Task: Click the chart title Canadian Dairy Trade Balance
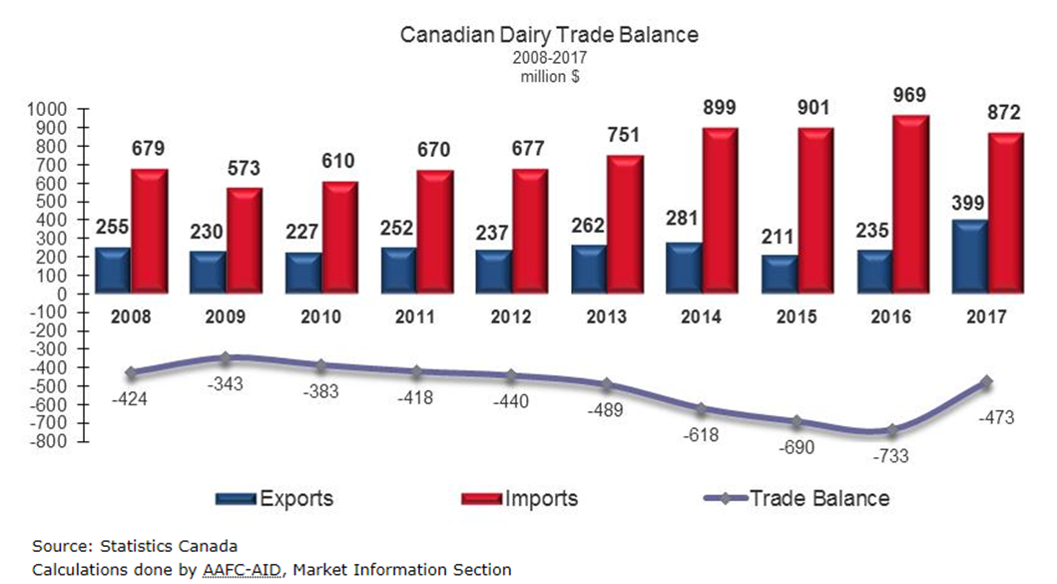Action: [x=549, y=34]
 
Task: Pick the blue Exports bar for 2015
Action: [x=781, y=275]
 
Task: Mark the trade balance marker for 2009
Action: [x=225, y=357]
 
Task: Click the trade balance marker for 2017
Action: [x=986, y=381]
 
